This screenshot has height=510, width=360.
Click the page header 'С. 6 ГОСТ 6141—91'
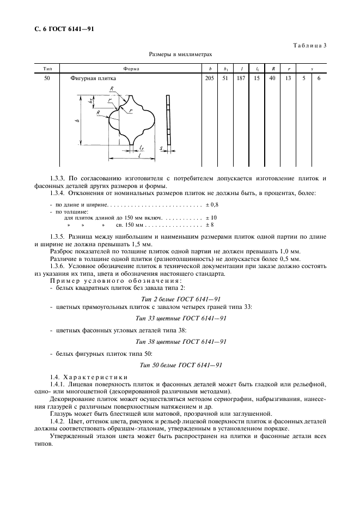coord(60,29)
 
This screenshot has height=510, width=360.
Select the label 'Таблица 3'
coord(310,45)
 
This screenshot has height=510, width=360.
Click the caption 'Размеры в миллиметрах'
coord(180,54)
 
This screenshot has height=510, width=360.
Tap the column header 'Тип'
coord(47,69)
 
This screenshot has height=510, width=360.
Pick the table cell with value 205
coord(210,78)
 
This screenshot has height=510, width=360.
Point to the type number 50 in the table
coord(47,78)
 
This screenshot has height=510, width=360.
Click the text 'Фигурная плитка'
coord(93,78)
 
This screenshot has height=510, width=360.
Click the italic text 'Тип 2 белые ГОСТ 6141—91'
coord(180,299)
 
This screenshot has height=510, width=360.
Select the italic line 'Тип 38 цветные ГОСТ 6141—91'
coord(180,342)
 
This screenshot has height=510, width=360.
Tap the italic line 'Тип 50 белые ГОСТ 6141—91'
coord(180,365)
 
